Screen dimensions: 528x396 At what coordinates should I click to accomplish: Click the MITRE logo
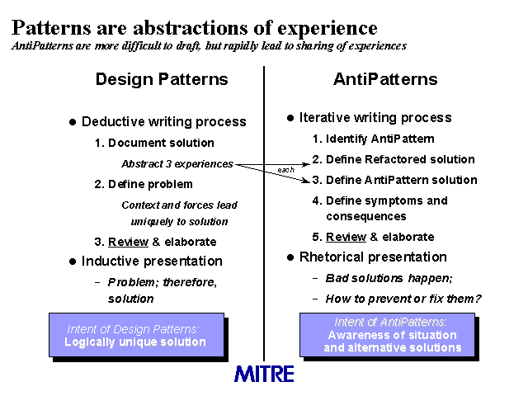(x=264, y=374)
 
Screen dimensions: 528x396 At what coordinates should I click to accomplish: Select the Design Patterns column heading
(x=162, y=79)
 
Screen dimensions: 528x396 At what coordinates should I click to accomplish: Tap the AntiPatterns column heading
(x=385, y=79)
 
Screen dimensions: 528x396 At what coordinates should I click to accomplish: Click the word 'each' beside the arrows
(x=286, y=169)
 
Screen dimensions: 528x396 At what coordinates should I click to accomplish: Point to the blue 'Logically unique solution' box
(x=136, y=335)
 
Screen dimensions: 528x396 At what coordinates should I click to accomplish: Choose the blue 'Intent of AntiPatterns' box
(x=387, y=335)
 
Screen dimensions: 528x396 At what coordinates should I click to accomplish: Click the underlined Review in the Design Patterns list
(x=128, y=242)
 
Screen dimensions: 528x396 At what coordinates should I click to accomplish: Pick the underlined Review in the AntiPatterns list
(x=346, y=237)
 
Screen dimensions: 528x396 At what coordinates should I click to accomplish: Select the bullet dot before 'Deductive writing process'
(x=73, y=122)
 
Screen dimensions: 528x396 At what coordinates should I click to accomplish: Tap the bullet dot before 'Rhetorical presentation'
(x=290, y=257)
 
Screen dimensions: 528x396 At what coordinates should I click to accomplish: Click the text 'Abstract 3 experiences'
(x=177, y=163)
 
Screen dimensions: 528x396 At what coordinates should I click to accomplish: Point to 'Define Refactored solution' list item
(x=394, y=159)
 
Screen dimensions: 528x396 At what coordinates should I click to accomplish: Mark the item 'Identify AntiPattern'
(x=373, y=139)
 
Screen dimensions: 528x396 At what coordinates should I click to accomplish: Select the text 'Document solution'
(x=154, y=143)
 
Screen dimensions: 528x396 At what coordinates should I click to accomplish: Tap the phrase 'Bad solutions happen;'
(x=389, y=278)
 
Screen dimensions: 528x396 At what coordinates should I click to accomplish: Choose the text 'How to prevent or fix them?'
(x=403, y=299)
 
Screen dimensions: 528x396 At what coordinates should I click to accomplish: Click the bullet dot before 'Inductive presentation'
(x=73, y=262)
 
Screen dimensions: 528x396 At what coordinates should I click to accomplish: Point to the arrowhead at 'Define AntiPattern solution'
(x=306, y=181)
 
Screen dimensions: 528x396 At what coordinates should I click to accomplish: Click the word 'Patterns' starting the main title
(x=51, y=27)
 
